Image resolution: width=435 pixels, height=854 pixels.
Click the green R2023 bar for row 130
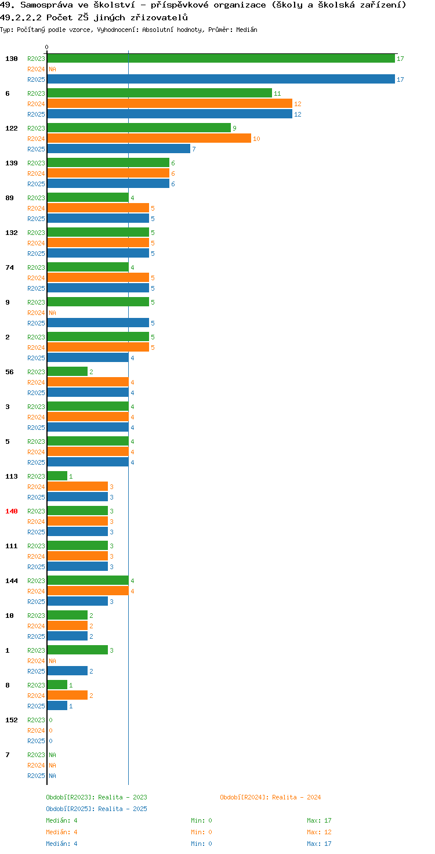221,59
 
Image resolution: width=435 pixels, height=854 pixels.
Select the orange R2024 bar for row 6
170,104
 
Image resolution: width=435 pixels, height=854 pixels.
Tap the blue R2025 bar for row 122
118,149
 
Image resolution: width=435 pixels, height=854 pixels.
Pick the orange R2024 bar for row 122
149,139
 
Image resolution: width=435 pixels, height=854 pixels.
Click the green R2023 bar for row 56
67,372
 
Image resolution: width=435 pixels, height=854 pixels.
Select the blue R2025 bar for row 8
57,705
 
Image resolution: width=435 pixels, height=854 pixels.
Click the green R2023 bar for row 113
57,476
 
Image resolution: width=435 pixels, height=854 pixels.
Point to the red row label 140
12,511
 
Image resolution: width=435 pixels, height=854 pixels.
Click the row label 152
12,720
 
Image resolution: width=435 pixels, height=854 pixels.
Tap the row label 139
12,163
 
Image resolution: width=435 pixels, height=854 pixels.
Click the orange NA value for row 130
53,69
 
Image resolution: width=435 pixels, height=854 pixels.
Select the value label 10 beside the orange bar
256,139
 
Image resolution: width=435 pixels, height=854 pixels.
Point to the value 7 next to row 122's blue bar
194,149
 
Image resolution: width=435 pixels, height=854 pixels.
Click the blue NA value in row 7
53,776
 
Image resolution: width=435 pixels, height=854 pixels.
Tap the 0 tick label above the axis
46,47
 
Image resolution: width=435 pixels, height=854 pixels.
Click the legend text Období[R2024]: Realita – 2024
270,797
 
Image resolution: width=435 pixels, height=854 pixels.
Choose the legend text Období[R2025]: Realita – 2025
96,809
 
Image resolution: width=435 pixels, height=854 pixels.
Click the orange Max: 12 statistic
319,832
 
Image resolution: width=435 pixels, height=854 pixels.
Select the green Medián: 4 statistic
61,820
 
